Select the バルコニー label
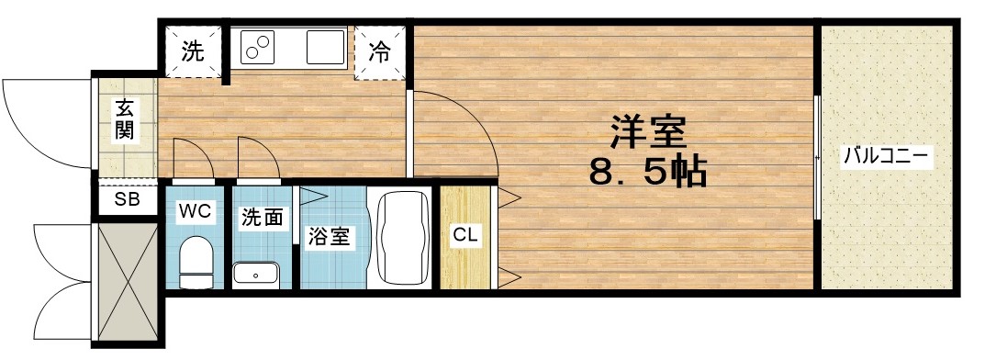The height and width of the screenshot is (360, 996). pos(887,155)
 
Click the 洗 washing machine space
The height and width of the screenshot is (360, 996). pos(194,52)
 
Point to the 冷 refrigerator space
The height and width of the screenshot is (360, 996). pos(380,52)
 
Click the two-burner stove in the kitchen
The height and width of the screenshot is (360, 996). pos(261,47)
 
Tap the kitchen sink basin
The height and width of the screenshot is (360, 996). pos(321,47)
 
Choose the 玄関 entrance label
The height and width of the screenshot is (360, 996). pos(124,120)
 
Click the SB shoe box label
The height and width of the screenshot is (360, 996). pos(127,199)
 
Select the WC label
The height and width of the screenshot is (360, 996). pos(196,212)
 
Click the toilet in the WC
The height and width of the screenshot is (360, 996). pos(195,261)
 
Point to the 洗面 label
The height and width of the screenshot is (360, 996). pos(262,218)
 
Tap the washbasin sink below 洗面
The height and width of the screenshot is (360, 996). pos(256,274)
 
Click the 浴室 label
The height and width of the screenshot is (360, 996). pos(328,236)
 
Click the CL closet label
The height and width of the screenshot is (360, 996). pos(465,234)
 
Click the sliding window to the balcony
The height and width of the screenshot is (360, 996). pos(816,155)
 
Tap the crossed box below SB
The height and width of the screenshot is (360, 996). pos(128,280)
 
